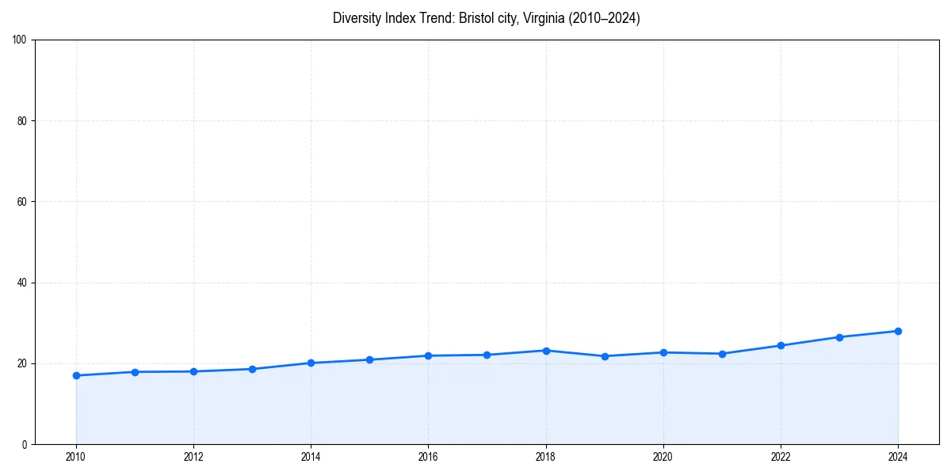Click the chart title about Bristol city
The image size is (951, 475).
click(486, 18)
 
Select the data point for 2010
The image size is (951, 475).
click(76, 375)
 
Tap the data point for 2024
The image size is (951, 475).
click(898, 331)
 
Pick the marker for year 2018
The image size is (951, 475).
click(546, 351)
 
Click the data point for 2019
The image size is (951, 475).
click(605, 356)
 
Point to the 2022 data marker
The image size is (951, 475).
click(781, 345)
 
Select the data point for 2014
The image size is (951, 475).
click(311, 363)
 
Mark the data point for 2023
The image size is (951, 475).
click(839, 337)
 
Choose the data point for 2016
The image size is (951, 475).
click(428, 355)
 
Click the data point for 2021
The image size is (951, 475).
click(722, 354)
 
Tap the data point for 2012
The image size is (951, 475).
click(193, 371)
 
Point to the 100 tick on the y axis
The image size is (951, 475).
click(21, 40)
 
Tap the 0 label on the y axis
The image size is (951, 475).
click(25, 444)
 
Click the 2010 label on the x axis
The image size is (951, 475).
click(76, 457)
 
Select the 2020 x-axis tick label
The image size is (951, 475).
click(663, 457)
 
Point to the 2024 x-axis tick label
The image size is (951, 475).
click(898, 457)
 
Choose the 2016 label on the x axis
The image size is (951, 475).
click(428, 457)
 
